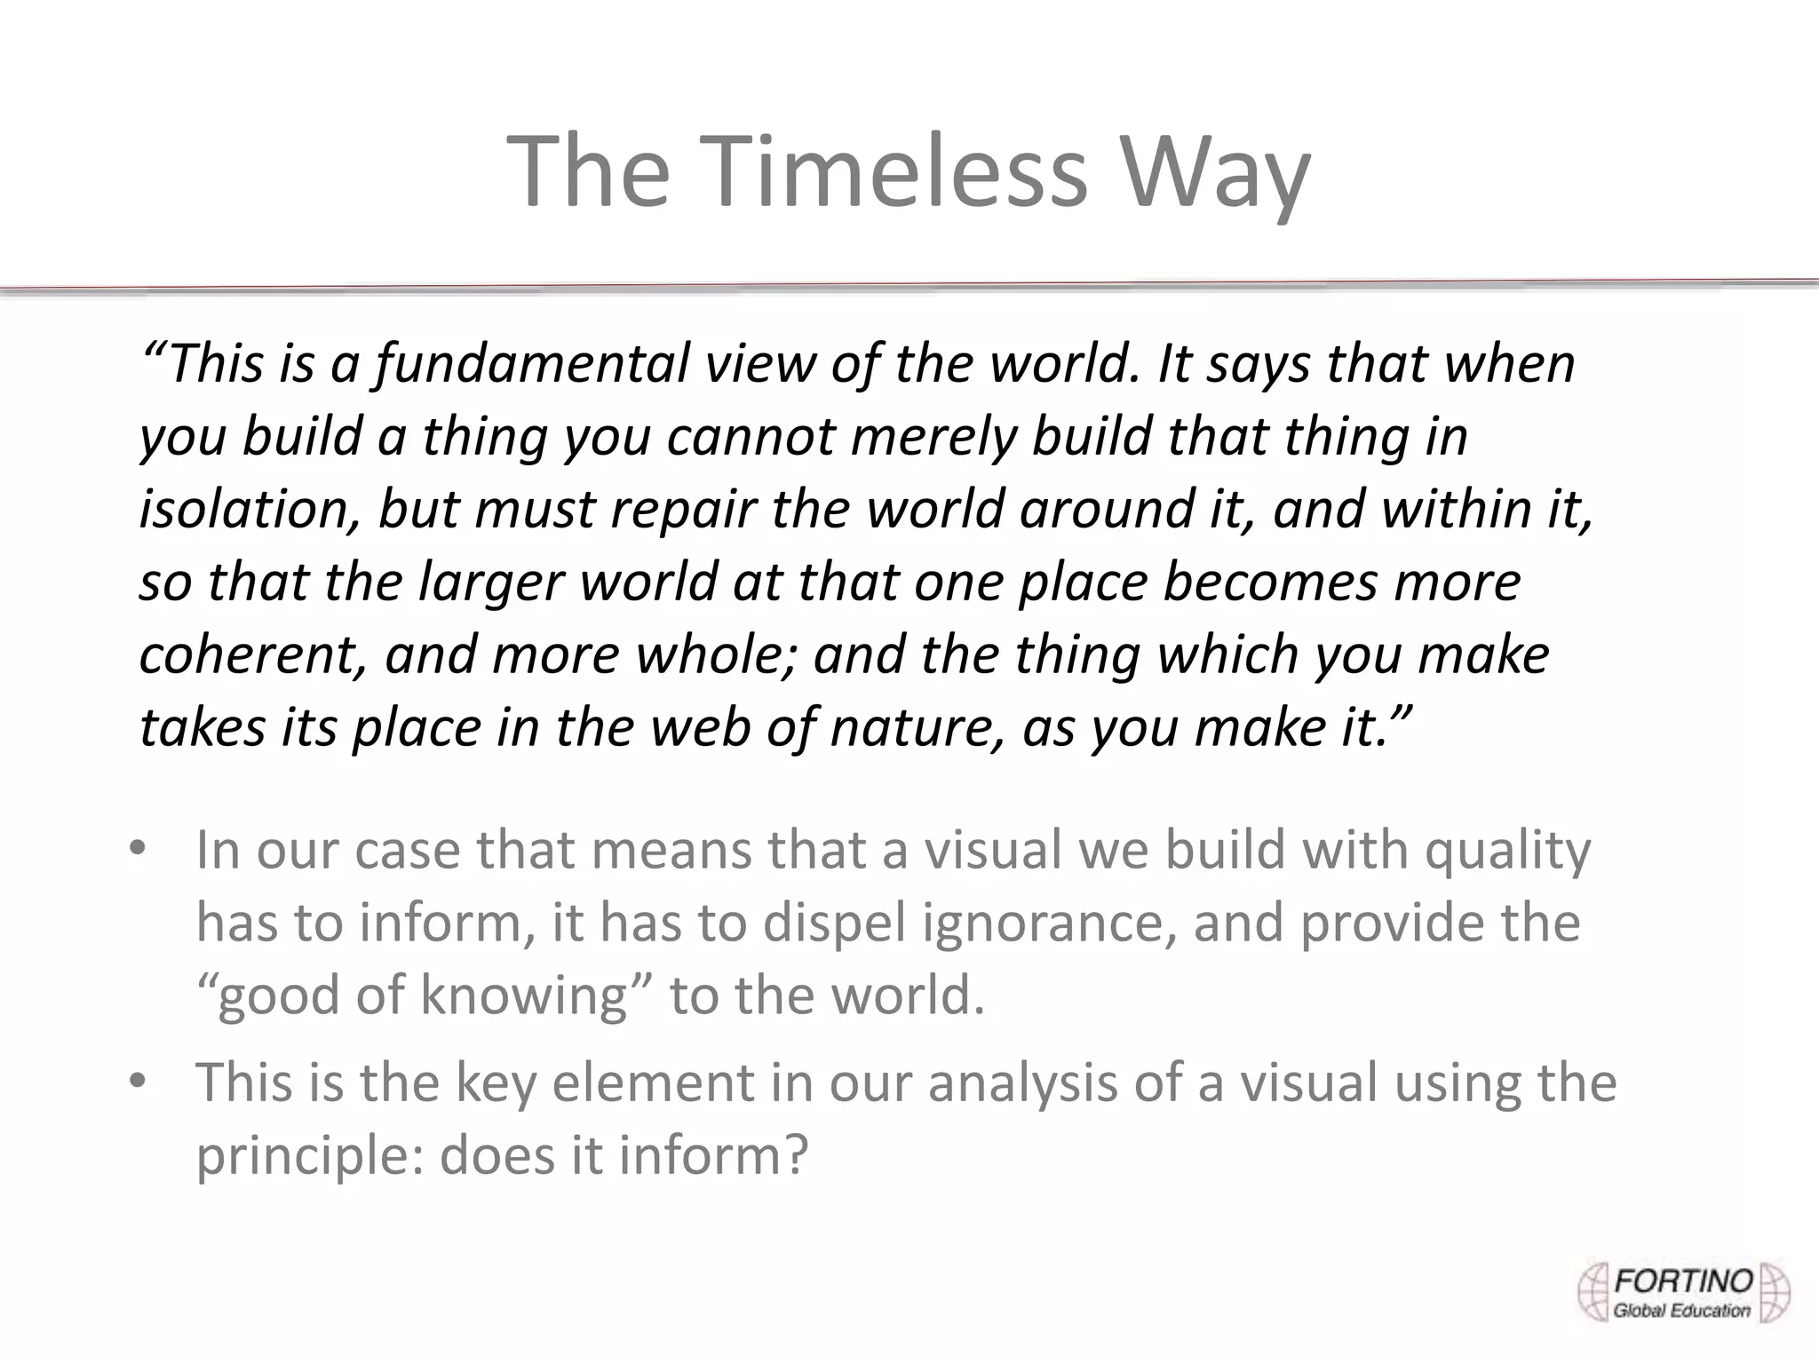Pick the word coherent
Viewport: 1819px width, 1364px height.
252,655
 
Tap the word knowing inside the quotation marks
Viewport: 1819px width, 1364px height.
524,996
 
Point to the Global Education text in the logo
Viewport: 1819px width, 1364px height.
1681,1311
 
